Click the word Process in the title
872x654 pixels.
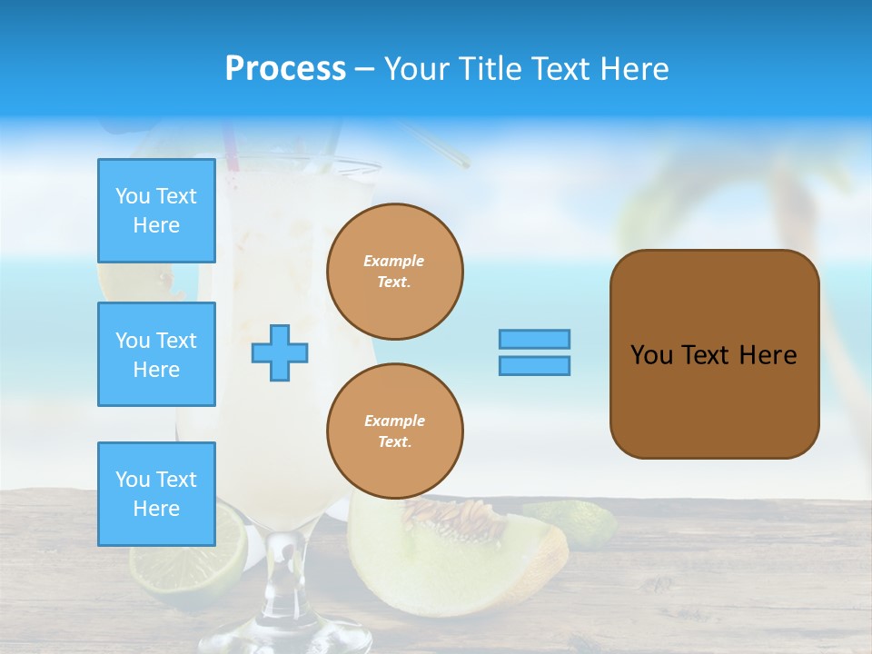point(285,69)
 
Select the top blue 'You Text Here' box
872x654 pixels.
point(156,211)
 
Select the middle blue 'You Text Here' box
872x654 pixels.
point(156,354)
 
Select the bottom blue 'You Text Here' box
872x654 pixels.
point(156,494)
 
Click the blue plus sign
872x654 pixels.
point(280,352)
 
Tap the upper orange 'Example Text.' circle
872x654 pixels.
point(394,272)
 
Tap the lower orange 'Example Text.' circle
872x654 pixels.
point(394,431)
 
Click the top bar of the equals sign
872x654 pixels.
point(534,339)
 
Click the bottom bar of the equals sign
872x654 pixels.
point(534,365)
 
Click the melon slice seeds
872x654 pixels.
point(459,520)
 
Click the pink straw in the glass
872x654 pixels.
point(231,149)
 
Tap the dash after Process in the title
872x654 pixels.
point(364,69)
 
